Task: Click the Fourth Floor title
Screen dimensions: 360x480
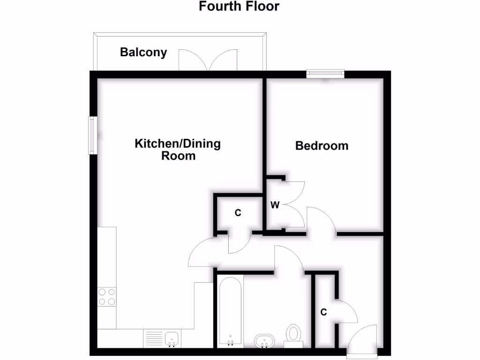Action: pos(239,7)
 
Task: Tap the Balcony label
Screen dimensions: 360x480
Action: pos(143,52)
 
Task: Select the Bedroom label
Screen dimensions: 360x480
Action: pos(322,146)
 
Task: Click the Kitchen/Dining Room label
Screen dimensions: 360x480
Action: pos(178,150)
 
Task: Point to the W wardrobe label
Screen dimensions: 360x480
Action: pos(275,204)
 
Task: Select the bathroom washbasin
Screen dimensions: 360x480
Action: pos(265,340)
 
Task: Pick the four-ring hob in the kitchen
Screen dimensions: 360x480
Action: pos(107,297)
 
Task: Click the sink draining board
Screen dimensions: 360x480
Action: pos(153,338)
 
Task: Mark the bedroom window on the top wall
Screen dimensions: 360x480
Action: pos(325,74)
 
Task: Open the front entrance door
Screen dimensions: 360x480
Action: pos(363,338)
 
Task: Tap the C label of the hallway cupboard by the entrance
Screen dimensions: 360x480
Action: pos(323,312)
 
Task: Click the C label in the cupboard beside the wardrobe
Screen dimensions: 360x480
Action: pos(238,213)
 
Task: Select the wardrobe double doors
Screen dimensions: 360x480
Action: pos(293,204)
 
